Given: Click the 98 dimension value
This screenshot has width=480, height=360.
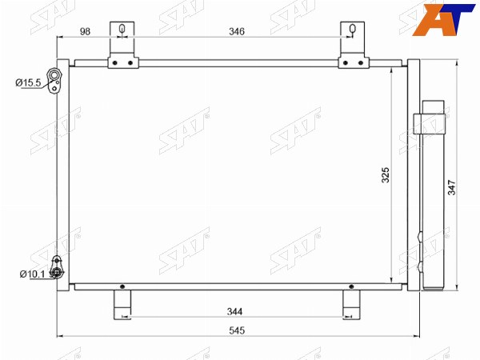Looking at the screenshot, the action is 85,31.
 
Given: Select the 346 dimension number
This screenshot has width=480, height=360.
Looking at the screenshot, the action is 237,31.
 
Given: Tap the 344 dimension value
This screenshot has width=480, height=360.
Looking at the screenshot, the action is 234,312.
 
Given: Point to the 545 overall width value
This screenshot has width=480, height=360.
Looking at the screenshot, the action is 237,330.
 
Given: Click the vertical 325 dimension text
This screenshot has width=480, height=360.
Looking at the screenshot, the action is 386,175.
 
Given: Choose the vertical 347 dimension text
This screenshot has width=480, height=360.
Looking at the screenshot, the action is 451,188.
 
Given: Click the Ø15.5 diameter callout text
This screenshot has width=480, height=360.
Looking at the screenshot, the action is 28,82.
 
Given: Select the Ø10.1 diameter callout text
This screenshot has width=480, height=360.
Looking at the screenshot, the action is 33,274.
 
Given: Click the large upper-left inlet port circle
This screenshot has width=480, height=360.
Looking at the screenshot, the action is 54,75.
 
